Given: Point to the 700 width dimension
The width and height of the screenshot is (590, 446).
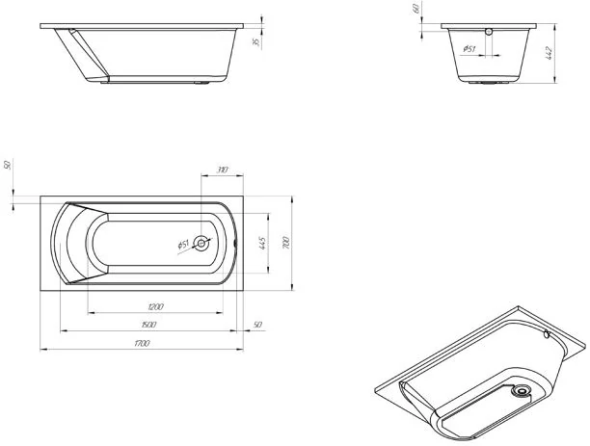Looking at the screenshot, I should coord(285,244).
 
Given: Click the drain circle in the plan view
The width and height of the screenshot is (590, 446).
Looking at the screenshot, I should coord(202,244).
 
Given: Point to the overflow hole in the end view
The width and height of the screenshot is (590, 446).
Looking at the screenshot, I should coord(489,32).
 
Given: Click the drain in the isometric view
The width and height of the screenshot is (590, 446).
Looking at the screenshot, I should coord(522,392).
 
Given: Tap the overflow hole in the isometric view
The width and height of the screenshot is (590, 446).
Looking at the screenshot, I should coord(547,336).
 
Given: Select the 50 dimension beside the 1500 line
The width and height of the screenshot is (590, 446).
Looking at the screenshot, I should coord(257,323).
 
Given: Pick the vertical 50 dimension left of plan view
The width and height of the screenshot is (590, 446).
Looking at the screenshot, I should coord(8,167).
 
